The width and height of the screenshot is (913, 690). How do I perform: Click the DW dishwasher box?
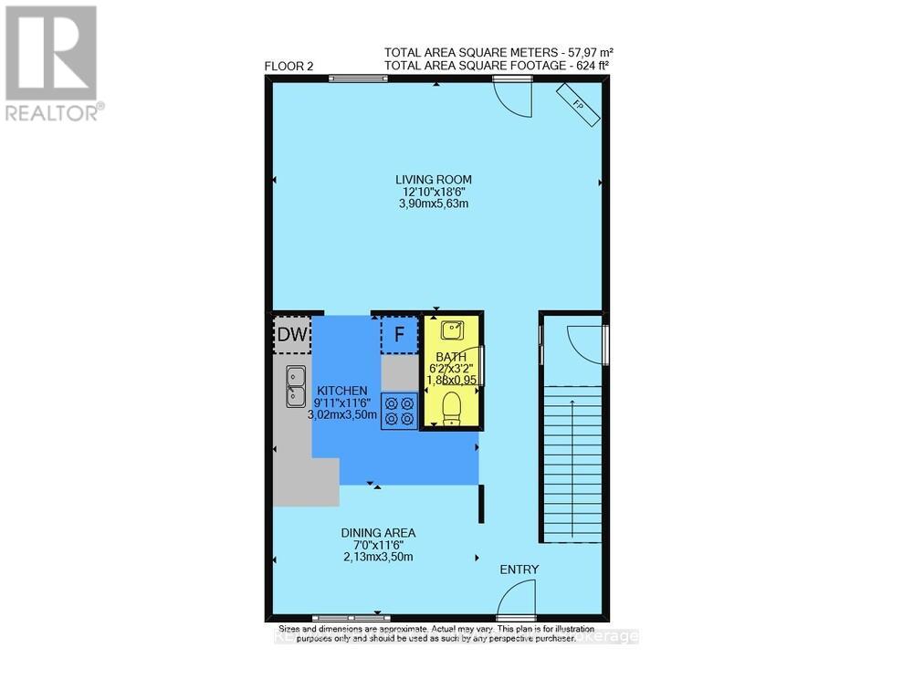[291, 335]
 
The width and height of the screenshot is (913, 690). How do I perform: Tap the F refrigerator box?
[398, 335]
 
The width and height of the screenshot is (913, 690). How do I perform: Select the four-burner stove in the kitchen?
[399, 410]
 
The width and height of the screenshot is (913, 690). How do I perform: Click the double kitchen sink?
[296, 385]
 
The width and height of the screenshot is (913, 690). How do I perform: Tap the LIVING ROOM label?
[434, 179]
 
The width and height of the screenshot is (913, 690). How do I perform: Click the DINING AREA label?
[378, 533]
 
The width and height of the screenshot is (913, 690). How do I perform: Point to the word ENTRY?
[519, 570]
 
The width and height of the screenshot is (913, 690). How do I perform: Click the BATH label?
[451, 357]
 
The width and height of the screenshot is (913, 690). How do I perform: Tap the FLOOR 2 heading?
[289, 66]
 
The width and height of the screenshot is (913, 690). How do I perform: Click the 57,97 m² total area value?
[582, 51]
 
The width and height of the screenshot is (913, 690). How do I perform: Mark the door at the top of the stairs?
[582, 344]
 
